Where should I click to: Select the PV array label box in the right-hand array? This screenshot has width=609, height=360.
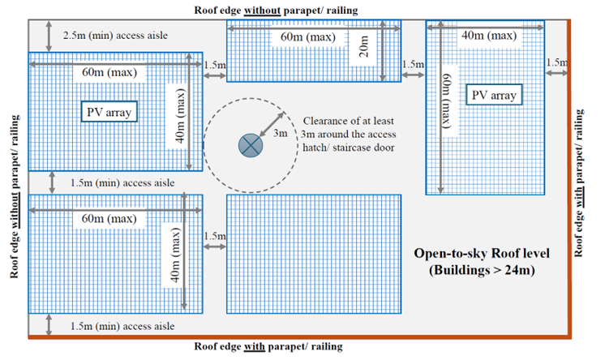point(494,95)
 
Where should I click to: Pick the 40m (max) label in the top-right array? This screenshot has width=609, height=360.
point(487,35)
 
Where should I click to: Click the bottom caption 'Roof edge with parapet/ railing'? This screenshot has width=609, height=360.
point(268,346)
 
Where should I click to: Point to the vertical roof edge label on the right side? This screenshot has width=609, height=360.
point(581,182)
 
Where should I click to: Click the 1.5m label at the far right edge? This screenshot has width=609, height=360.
point(557,62)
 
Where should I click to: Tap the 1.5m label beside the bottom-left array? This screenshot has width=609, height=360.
point(214,236)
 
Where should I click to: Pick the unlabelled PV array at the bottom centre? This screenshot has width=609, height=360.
point(314,253)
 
